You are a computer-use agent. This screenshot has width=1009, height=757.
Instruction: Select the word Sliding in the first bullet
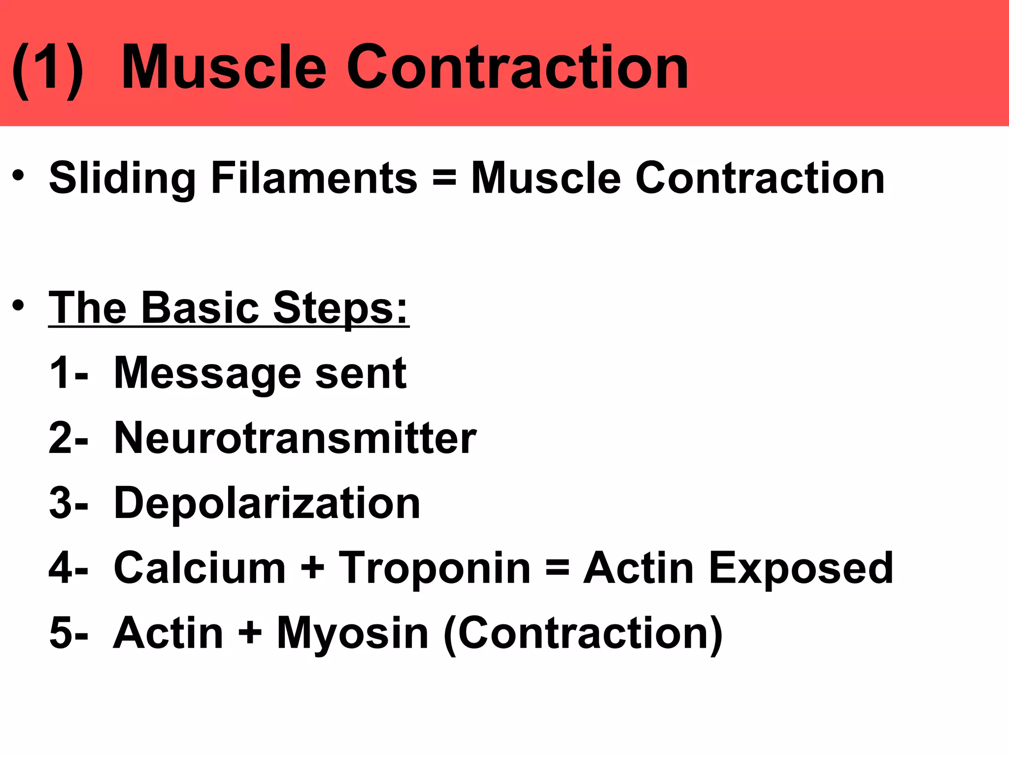[x=122, y=178]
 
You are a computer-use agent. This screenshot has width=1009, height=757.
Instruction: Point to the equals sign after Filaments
[x=444, y=178]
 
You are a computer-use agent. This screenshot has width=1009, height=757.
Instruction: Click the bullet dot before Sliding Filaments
[x=18, y=176]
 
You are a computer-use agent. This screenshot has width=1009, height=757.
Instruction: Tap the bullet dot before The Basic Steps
[x=18, y=306]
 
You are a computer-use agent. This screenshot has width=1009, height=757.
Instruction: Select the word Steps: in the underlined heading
[x=340, y=309]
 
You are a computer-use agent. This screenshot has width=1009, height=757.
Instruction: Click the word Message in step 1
[x=207, y=374]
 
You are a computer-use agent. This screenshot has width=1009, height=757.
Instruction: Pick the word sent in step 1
[x=361, y=373]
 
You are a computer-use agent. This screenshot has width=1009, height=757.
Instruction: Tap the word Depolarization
[x=267, y=503]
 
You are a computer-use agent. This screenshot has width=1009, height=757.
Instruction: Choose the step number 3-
[x=68, y=503]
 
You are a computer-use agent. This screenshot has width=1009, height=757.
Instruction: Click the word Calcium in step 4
[x=200, y=568]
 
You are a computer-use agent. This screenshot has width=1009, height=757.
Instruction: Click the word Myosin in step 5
[x=352, y=633]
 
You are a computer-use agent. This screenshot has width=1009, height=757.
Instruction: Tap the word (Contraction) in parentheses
[x=583, y=633]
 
